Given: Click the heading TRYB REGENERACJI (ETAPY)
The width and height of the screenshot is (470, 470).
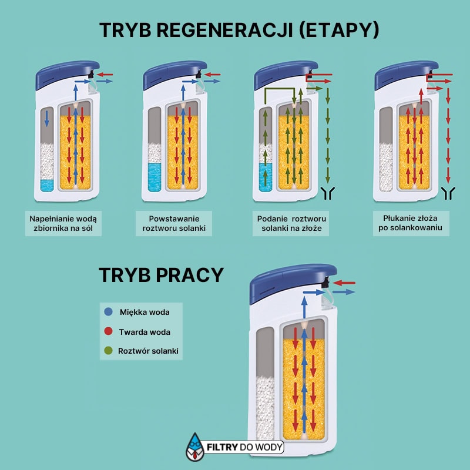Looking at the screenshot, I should coord(239,31).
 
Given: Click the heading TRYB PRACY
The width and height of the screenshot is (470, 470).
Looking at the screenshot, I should coord(161,275).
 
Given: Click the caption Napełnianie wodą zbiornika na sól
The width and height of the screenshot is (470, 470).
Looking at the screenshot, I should coord(63,223).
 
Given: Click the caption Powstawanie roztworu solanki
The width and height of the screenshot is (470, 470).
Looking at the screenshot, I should coord(174,223).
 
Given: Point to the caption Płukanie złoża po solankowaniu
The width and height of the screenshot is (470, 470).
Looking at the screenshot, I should coord(411,223).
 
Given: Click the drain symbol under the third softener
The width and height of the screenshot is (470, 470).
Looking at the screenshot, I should coord(329,192).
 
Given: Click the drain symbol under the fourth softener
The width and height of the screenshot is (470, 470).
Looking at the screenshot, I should coord(449,192).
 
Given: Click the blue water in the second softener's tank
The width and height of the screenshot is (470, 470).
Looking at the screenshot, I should coord(156,176).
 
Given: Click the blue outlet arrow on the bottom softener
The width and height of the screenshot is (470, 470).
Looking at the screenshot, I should coord(344,291).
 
